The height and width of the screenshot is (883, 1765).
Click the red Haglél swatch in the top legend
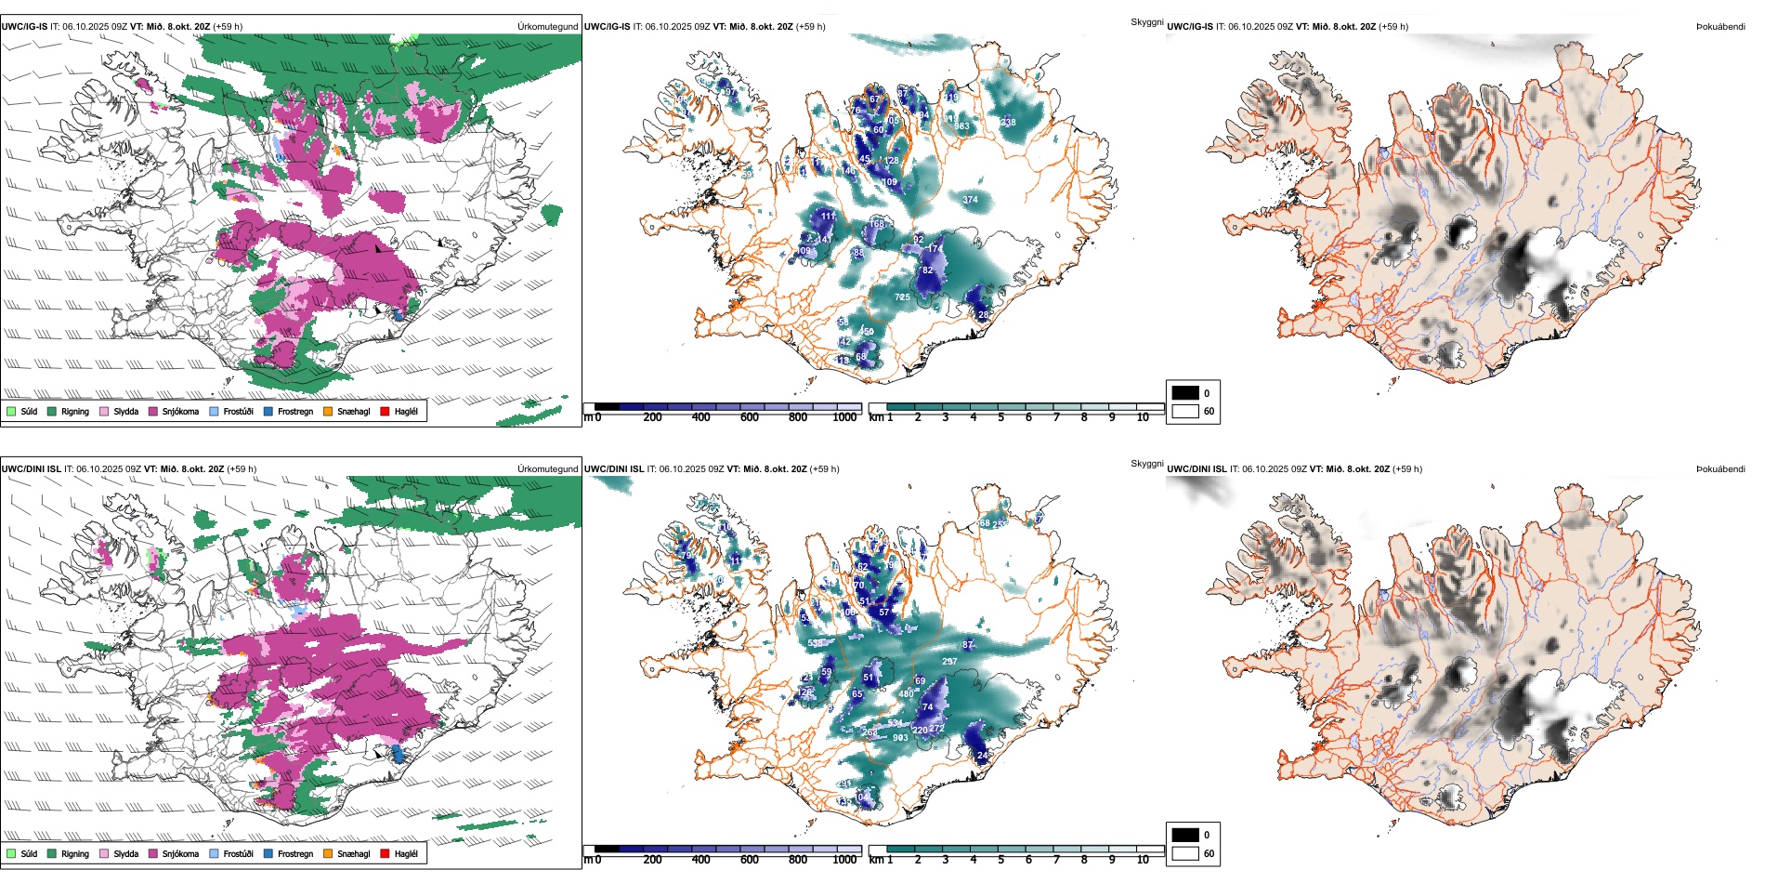point(385,411)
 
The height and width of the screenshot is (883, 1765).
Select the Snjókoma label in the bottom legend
point(180,853)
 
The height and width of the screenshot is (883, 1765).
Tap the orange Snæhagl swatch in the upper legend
point(328,411)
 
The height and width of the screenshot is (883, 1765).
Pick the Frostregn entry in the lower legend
point(294,853)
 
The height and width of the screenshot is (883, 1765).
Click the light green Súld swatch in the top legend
point(11,411)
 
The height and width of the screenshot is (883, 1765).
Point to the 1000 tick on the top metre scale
point(844,417)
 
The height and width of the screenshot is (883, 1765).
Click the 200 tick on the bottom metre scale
point(653,860)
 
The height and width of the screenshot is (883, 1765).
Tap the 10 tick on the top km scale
point(1143,417)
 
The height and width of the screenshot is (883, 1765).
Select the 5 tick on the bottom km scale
point(1001,860)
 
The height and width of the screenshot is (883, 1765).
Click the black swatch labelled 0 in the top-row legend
point(1185,393)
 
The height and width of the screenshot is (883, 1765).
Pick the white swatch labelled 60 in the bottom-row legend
point(1185,853)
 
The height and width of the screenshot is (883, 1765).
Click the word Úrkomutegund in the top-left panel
point(548,27)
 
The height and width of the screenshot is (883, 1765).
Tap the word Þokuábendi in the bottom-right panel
point(1720,469)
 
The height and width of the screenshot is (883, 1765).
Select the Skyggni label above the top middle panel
point(1147,21)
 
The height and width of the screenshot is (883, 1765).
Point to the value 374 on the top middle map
point(970,200)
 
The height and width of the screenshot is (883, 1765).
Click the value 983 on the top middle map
point(961,126)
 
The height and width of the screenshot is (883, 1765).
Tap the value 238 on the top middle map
point(1008,123)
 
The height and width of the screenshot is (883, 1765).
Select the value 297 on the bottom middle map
point(949,662)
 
